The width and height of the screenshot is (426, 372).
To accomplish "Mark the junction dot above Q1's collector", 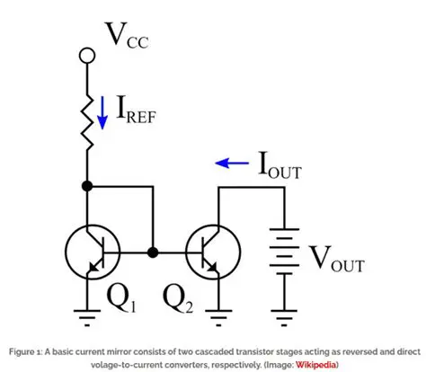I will point(88,186).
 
